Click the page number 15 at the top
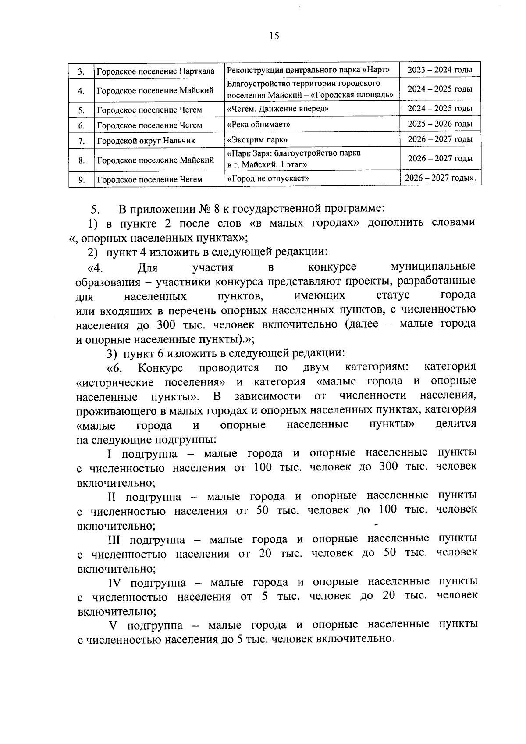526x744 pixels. [274, 36]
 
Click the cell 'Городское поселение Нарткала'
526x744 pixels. [156, 71]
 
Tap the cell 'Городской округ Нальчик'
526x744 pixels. [146, 141]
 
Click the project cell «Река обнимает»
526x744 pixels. [259, 125]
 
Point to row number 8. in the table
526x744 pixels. [82, 160]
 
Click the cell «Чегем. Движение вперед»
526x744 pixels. [277, 109]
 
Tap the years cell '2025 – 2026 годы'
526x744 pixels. [440, 124]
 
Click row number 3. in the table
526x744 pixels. [82, 71]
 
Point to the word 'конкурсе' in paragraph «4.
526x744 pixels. [332, 267]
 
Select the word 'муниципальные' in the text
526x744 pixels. [432, 267]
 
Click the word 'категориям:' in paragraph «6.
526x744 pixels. [377, 367]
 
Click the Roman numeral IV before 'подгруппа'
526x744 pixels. [117, 583]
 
